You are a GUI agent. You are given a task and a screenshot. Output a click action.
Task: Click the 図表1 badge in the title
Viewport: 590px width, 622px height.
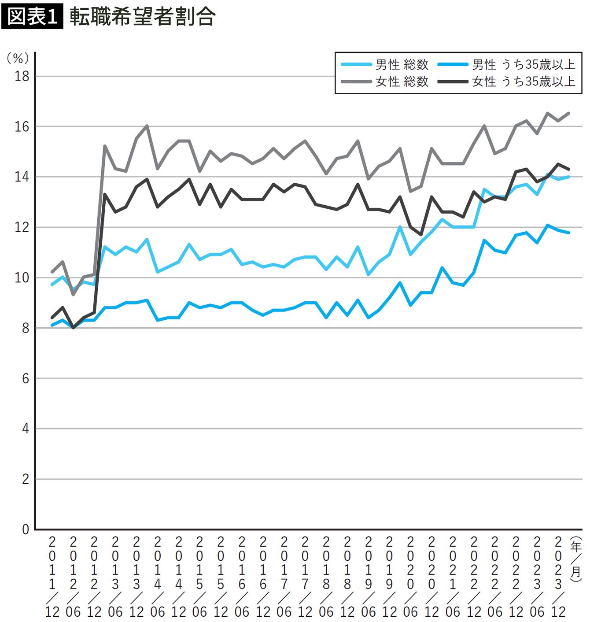(x=32, y=17)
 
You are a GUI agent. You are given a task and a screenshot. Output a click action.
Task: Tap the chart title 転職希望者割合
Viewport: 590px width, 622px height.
(x=142, y=17)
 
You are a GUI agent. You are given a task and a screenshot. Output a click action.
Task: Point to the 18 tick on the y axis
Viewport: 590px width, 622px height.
(x=22, y=76)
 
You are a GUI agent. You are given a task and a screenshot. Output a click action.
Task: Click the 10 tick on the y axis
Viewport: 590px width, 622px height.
(x=22, y=278)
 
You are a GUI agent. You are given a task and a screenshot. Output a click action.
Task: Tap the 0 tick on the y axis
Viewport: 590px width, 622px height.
(x=26, y=529)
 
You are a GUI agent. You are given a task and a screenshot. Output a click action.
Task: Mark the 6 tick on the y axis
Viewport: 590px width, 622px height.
(x=26, y=378)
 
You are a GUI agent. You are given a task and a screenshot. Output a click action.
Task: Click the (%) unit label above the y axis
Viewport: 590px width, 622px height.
(x=18, y=58)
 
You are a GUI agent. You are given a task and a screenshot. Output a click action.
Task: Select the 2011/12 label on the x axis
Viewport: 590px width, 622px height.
(x=52, y=575)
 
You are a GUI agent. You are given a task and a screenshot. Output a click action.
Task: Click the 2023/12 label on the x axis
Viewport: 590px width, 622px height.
(x=558, y=575)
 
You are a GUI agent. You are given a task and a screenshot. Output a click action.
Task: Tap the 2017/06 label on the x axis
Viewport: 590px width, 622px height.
(x=284, y=575)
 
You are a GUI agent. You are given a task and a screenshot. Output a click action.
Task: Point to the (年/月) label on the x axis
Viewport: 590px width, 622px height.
(x=575, y=559)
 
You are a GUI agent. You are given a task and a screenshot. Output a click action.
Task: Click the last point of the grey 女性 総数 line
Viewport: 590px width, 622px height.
(x=569, y=113)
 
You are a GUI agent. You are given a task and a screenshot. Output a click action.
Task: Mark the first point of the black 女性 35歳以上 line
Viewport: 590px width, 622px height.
(x=52, y=317)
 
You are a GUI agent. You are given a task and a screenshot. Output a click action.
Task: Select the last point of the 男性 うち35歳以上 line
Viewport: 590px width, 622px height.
(x=569, y=233)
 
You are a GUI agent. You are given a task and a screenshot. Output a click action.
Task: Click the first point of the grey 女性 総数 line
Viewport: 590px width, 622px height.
(x=52, y=272)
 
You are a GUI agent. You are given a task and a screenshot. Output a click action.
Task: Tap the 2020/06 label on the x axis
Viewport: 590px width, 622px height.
(x=410, y=575)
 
